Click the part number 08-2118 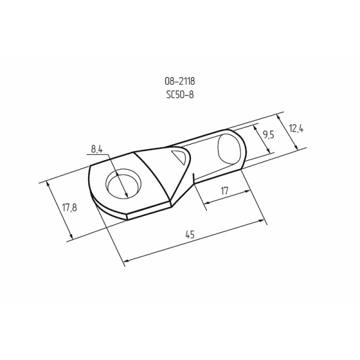179,81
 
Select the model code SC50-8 179,94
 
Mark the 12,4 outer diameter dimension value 294,128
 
